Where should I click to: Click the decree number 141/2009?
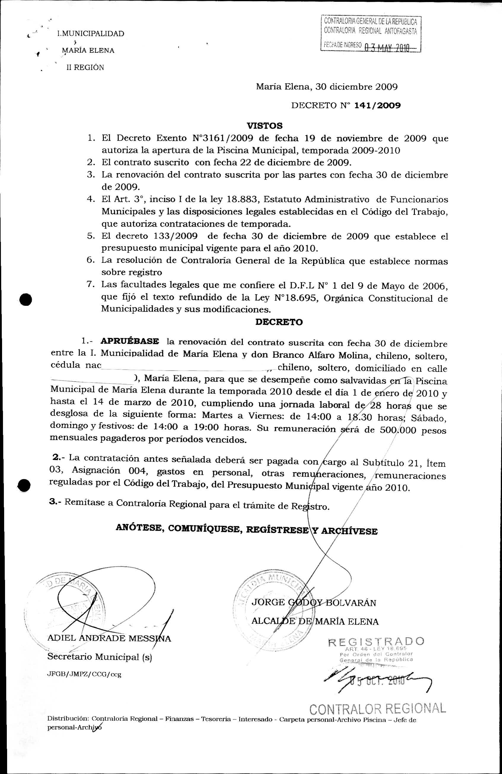377,106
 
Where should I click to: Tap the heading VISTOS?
264,126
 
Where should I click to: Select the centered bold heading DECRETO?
279,322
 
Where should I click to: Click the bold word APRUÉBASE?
130,341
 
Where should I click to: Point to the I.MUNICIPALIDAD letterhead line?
90,34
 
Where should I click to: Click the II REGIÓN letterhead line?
85,68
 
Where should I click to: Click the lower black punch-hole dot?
24,486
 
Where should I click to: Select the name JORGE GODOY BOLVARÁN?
314,603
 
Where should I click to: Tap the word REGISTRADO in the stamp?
376,642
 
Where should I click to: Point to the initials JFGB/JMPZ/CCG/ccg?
84,674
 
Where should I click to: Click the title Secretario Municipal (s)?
100,657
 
